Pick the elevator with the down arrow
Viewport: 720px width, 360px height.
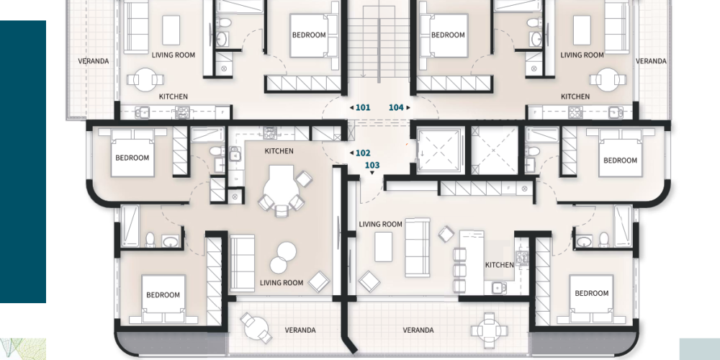pyautogui.click(x=438, y=150)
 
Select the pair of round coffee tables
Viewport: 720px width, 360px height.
pyautogui.click(x=283, y=258)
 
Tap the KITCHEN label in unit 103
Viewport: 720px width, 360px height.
pyautogui.click(x=499, y=265)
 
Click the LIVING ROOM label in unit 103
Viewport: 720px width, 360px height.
pyautogui.click(x=380, y=224)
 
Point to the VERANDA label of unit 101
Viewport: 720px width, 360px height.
pyautogui.click(x=93, y=61)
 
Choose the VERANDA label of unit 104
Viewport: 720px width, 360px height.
pyautogui.click(x=651, y=61)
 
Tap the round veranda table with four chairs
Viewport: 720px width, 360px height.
pyautogui.click(x=490, y=330)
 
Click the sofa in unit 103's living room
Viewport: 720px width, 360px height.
pyautogui.click(x=418, y=248)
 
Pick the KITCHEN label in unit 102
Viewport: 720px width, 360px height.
pyautogui.click(x=279, y=151)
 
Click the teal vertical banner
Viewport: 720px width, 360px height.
pyautogui.click(x=23, y=161)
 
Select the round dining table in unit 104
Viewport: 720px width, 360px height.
pyautogui.click(x=608, y=79)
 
